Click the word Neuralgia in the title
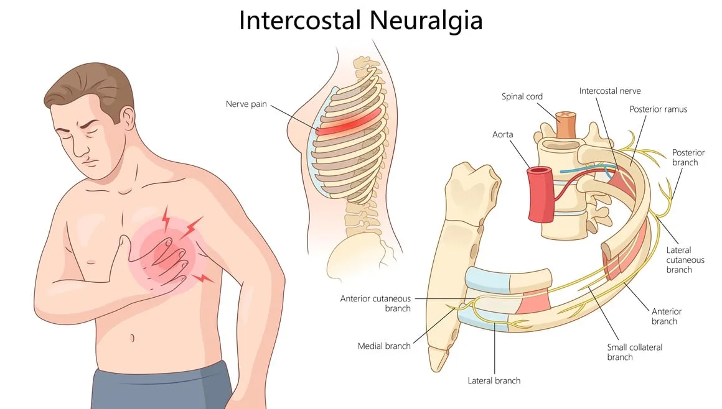426,21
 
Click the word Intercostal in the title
299,21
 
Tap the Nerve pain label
246,104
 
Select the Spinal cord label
522,96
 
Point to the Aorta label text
502,134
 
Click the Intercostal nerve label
610,91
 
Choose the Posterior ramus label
659,109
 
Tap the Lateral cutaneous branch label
685,260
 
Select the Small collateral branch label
634,352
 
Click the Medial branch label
384,346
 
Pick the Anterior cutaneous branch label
375,303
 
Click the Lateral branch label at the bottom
494,380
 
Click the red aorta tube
540,194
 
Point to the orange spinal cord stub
565,124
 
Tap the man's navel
133,338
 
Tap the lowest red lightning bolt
202,278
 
